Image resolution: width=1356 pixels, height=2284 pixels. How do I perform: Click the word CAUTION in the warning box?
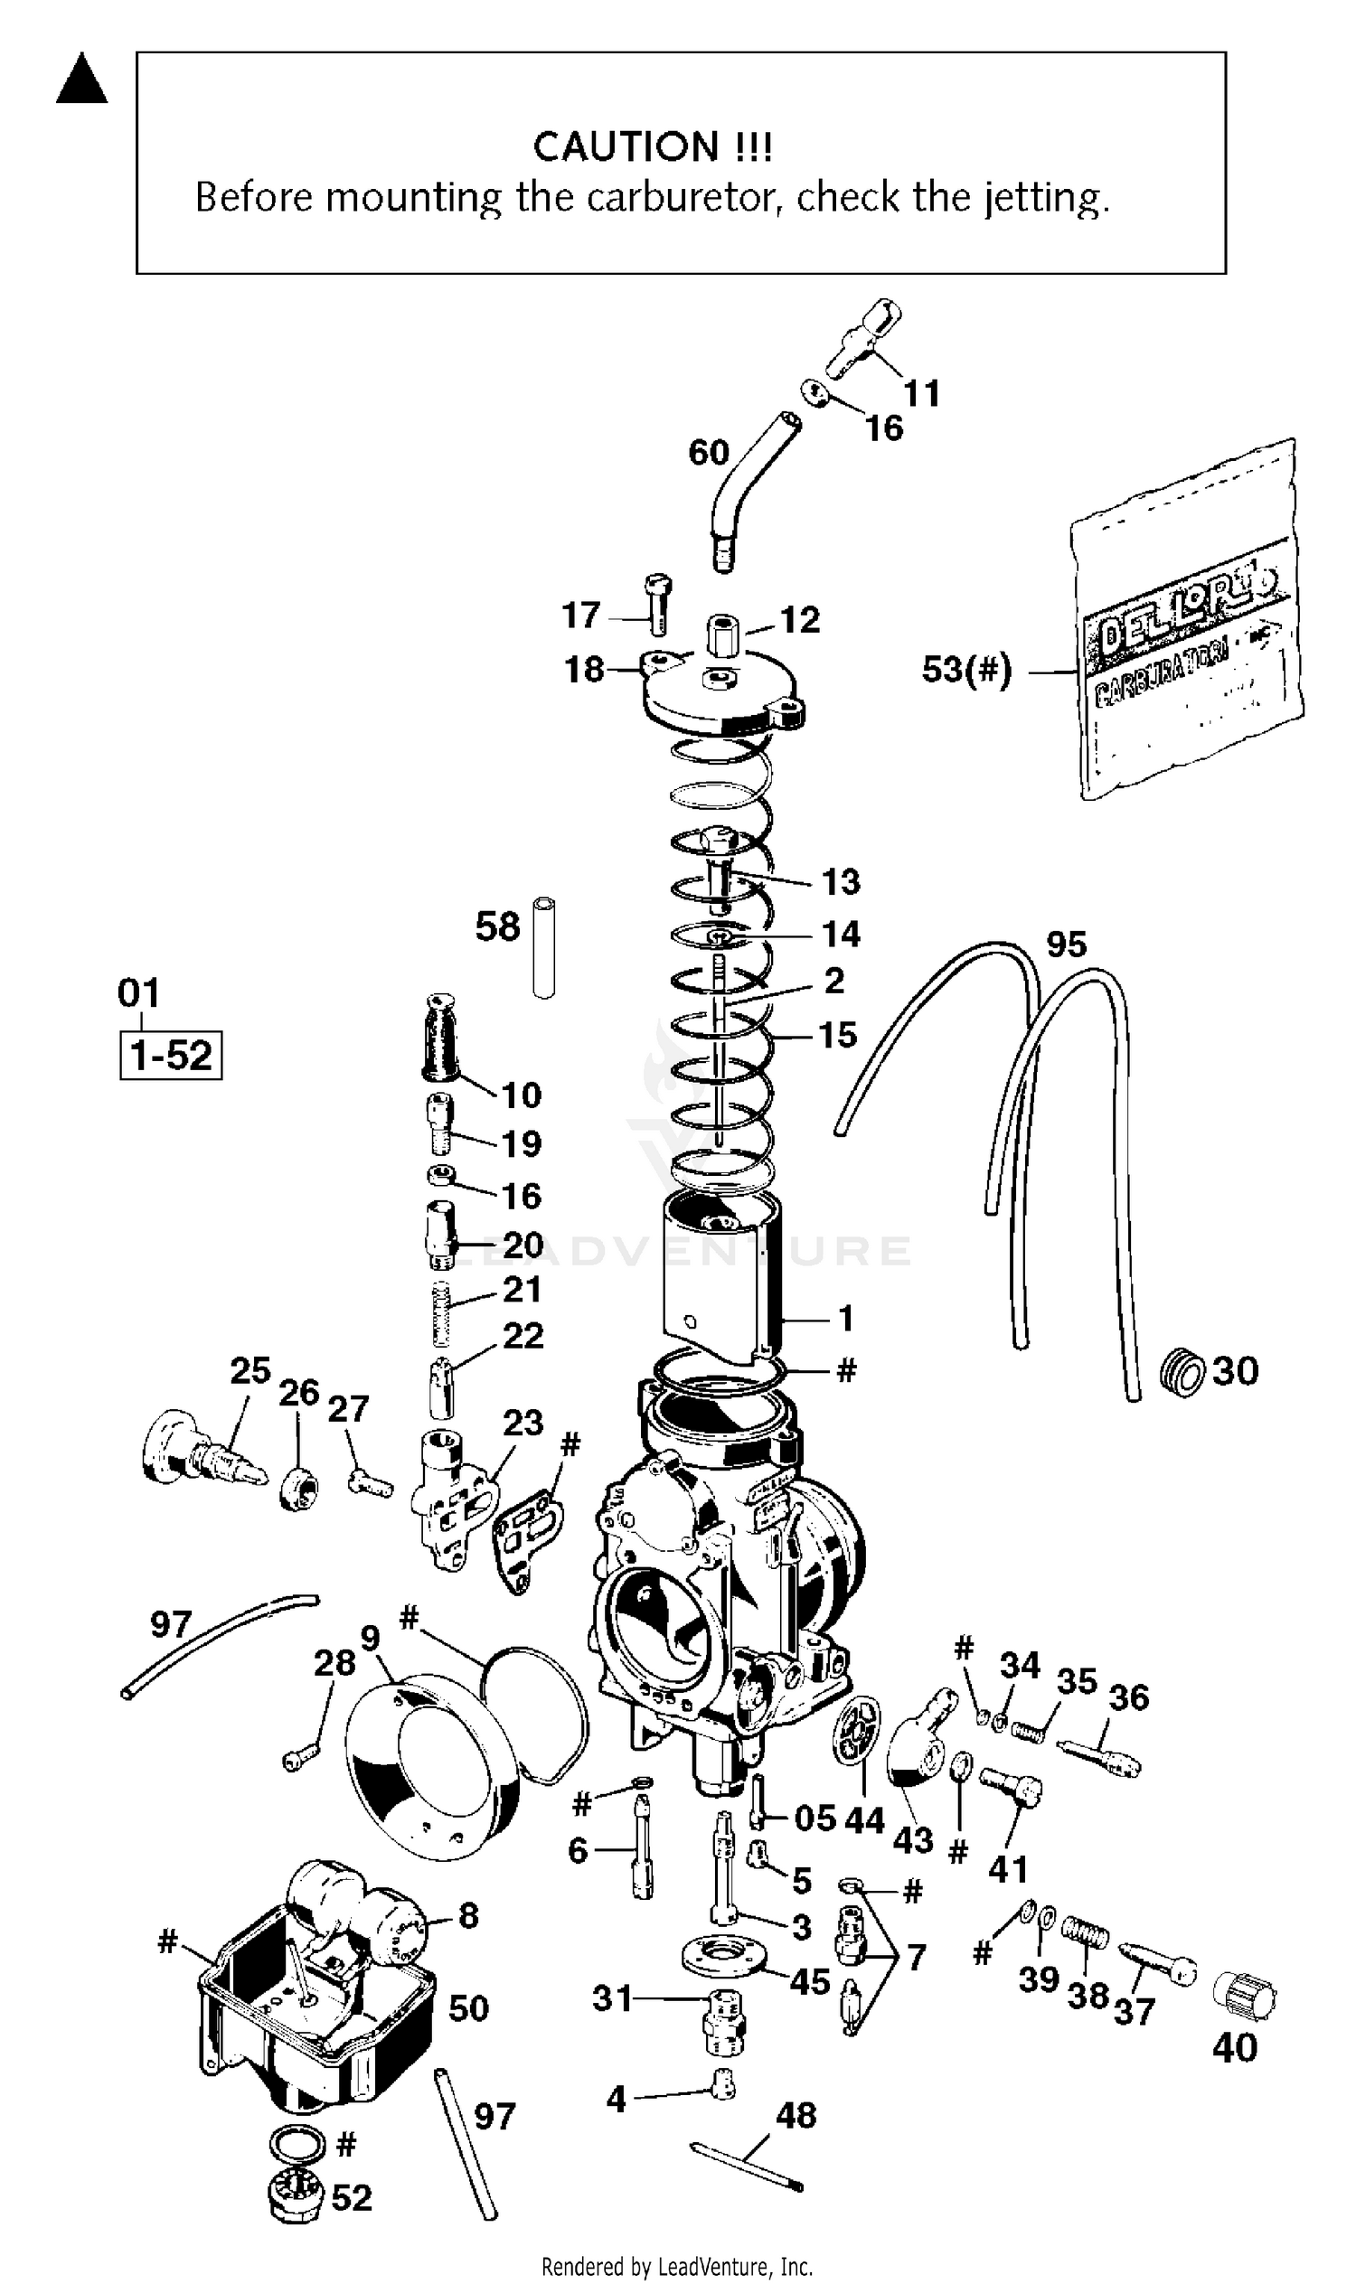(x=626, y=146)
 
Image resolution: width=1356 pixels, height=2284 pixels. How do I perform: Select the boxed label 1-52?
(x=171, y=1056)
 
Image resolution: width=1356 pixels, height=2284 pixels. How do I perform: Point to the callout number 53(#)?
(x=966, y=670)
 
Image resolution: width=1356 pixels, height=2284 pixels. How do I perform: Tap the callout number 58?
(x=497, y=926)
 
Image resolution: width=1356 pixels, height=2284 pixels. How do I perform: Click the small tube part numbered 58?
(x=544, y=947)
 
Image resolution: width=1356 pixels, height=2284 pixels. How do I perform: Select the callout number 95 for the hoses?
(x=1067, y=944)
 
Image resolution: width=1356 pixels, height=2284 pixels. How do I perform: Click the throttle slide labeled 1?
(x=722, y=1279)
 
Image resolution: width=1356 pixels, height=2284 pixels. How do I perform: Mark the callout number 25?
(x=250, y=1370)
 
